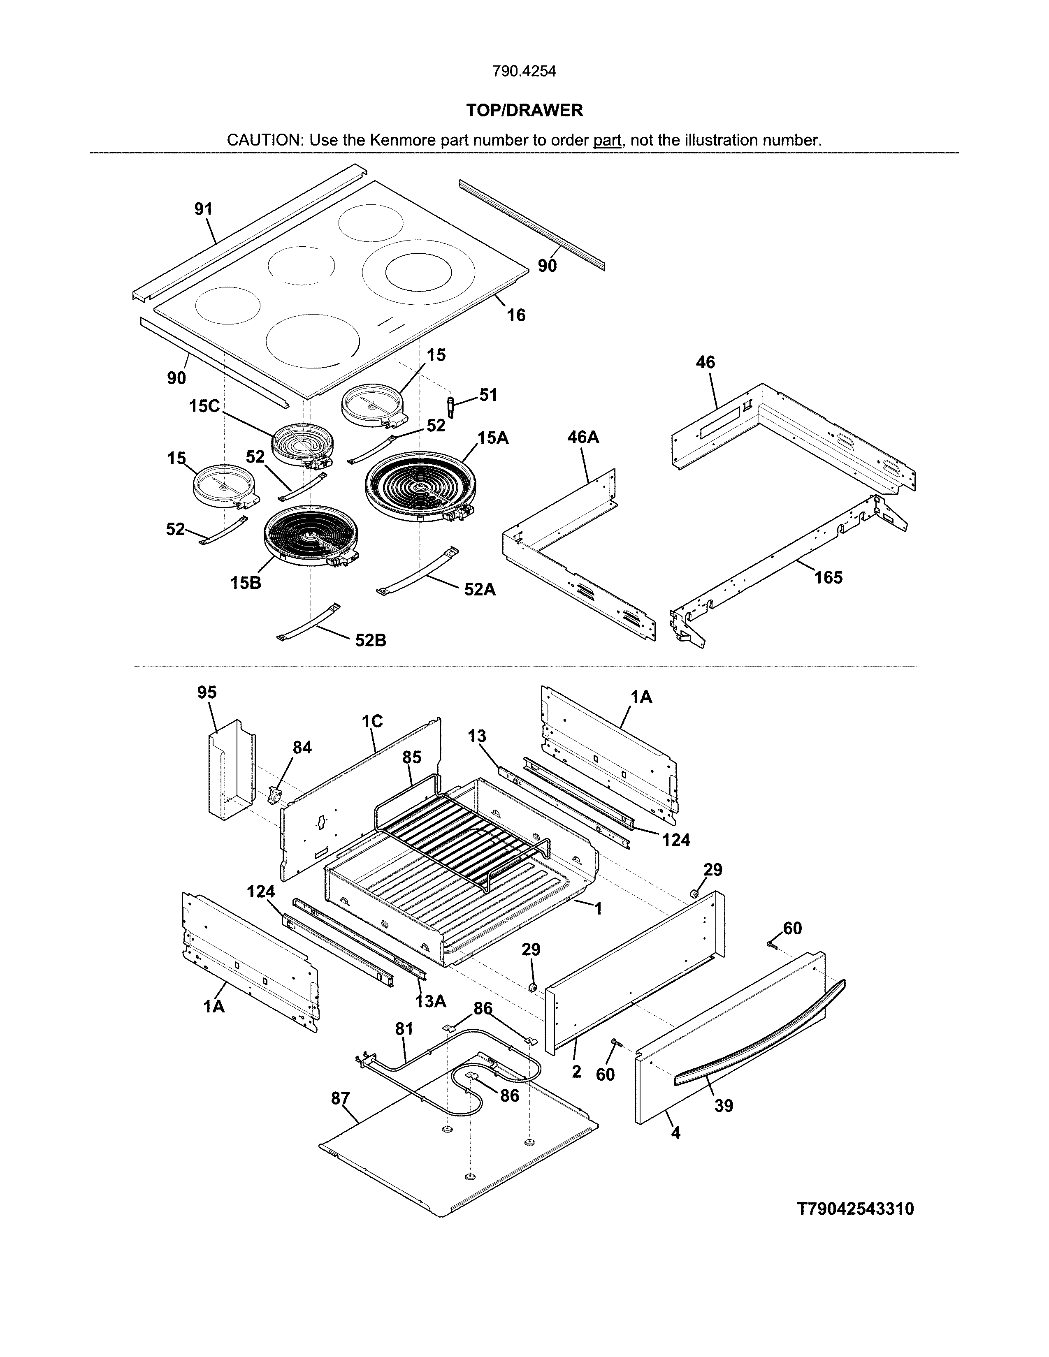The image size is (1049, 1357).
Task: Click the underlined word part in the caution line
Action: (x=607, y=140)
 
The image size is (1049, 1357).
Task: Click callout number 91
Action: (x=203, y=209)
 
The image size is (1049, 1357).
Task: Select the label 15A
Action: (x=493, y=438)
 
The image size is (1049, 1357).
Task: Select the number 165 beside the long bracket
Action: (x=829, y=578)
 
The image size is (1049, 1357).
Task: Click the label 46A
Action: (x=583, y=438)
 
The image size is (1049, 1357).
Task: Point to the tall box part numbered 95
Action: (x=230, y=771)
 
